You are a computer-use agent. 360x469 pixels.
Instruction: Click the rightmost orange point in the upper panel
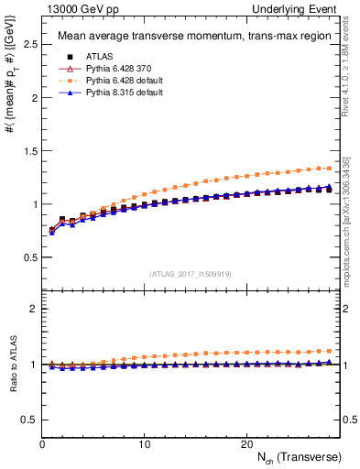[330, 168]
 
